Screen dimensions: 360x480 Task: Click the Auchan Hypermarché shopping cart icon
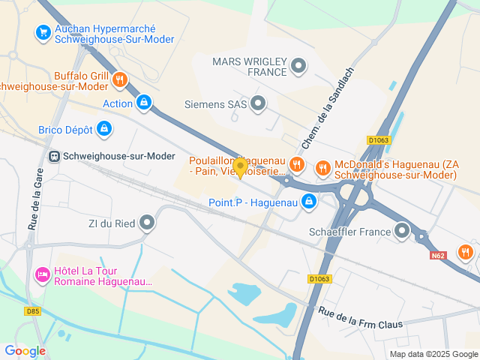tap(42, 32)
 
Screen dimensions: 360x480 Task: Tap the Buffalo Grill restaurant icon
tap(119, 79)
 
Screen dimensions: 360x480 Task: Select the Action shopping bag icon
tap(144, 102)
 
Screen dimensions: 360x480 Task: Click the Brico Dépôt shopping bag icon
tap(105, 129)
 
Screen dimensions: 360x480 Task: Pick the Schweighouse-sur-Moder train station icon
tap(54, 156)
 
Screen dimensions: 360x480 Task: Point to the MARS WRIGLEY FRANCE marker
tap(298, 66)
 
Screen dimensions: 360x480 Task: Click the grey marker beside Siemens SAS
tap(258, 103)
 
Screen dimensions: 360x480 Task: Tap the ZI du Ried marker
tap(147, 222)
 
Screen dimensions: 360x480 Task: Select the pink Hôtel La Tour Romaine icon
tap(43, 276)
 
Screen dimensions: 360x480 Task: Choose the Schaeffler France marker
tap(403, 231)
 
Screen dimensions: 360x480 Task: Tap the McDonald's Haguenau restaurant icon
tap(323, 167)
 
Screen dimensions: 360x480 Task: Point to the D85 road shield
tap(32, 311)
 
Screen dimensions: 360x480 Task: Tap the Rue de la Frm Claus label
tap(360, 318)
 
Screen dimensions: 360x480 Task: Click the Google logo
tap(25, 350)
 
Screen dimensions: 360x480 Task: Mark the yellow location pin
tap(240, 167)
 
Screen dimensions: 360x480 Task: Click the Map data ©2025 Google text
tap(433, 354)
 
